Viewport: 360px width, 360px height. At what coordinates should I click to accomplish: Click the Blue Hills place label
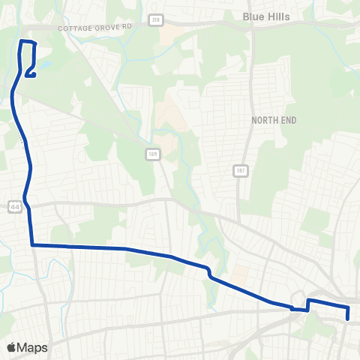click(x=266, y=15)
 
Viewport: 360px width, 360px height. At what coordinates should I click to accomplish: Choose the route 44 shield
click(x=14, y=206)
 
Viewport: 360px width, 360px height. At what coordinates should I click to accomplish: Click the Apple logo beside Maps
click(x=12, y=347)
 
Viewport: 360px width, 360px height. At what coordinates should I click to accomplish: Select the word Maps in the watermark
click(x=32, y=347)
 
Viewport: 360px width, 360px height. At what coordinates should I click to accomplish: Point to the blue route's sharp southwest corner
click(x=32, y=244)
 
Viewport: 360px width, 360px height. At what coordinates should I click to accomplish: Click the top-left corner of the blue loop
click(x=20, y=41)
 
